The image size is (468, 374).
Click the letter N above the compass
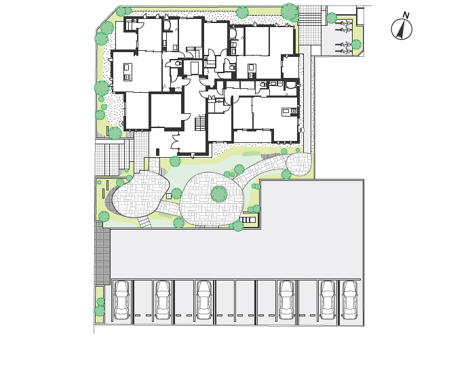coord(406,15)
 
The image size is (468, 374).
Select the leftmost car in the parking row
coord(122,299)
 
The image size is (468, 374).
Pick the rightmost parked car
coord(349,299)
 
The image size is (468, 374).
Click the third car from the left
coord(203,299)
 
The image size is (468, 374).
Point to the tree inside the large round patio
coord(219,194)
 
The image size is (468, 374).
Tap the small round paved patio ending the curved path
coord(298,164)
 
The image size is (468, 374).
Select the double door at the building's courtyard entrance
coord(175,142)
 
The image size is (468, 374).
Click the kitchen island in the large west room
coord(128,72)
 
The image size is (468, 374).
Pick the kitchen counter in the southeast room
coord(290,112)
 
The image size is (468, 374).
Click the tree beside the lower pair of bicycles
coord(356,45)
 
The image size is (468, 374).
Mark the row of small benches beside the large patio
coord(248,220)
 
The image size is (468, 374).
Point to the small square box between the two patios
coord(169,196)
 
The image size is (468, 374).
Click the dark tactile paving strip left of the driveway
coord(102,253)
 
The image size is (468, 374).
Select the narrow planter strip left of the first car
coord(99,304)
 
